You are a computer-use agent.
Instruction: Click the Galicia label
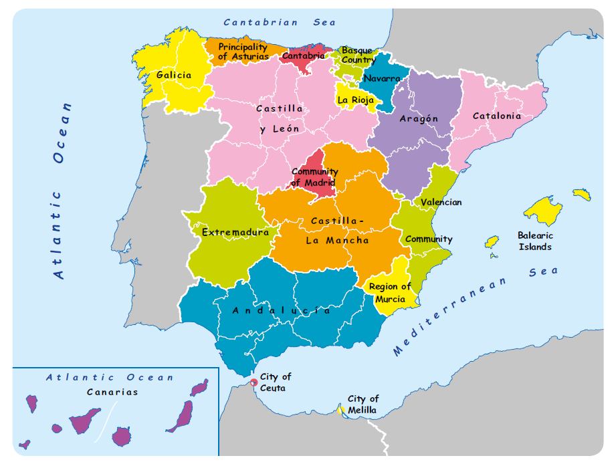coord(174,76)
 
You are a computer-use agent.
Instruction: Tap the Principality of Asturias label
coord(243,52)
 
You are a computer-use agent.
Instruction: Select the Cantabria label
coord(303,56)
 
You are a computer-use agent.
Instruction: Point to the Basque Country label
coord(358,55)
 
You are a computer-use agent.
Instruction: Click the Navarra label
coord(382,79)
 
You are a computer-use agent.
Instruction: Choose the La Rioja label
coord(355,100)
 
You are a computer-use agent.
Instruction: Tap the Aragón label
coord(419,118)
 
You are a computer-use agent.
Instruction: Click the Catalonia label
coord(496,116)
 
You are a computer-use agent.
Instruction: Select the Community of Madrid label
coord(313,177)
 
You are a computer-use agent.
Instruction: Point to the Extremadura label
coord(235,232)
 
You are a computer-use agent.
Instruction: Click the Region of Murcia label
coord(390,293)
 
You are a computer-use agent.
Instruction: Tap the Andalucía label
coord(281,310)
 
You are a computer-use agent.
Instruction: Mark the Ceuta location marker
coord(254,382)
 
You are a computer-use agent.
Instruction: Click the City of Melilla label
coord(363,405)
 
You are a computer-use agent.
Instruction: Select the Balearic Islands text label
coord(535,241)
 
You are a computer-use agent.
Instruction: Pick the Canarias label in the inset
coord(112,392)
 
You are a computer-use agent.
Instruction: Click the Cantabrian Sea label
coord(280,22)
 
